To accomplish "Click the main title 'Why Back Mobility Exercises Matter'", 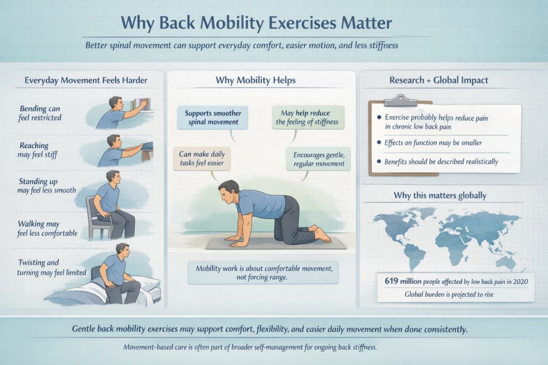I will [256, 24].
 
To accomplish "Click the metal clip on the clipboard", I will [400, 100].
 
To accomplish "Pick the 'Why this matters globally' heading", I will [440, 196].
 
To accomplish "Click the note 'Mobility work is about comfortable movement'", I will [263, 273].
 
